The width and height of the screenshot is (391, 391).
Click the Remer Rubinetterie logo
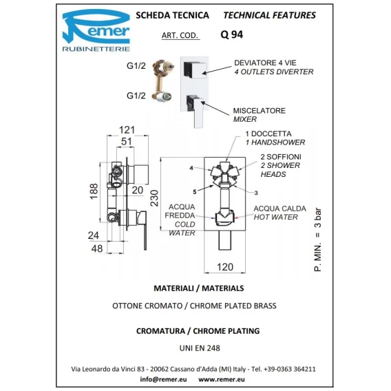click(96, 30)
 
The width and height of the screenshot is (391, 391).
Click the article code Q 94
click(232, 34)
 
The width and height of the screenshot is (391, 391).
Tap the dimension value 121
click(127, 130)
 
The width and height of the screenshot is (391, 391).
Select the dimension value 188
click(94, 191)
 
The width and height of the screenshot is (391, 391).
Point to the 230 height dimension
click(155, 198)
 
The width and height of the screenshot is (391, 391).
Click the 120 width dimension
click(225, 267)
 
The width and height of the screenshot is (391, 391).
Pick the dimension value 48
click(97, 249)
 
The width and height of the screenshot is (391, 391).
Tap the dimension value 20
click(138, 190)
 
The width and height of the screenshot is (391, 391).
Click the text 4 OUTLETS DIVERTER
click(274, 72)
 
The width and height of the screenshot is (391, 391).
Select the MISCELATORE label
click(260, 110)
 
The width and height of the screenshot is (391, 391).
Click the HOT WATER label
click(276, 217)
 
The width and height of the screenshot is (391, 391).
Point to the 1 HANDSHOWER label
click(275, 142)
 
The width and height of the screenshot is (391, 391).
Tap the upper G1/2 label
click(136, 66)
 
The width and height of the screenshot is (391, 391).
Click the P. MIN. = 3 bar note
click(318, 240)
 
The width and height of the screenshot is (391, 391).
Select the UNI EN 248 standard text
click(200, 348)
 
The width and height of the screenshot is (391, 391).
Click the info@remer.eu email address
click(163, 379)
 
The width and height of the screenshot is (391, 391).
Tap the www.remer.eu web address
click(222, 379)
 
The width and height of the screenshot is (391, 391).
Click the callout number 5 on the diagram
click(195, 192)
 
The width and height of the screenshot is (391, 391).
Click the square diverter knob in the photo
click(195, 70)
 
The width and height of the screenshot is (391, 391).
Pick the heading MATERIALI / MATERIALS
click(199, 288)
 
